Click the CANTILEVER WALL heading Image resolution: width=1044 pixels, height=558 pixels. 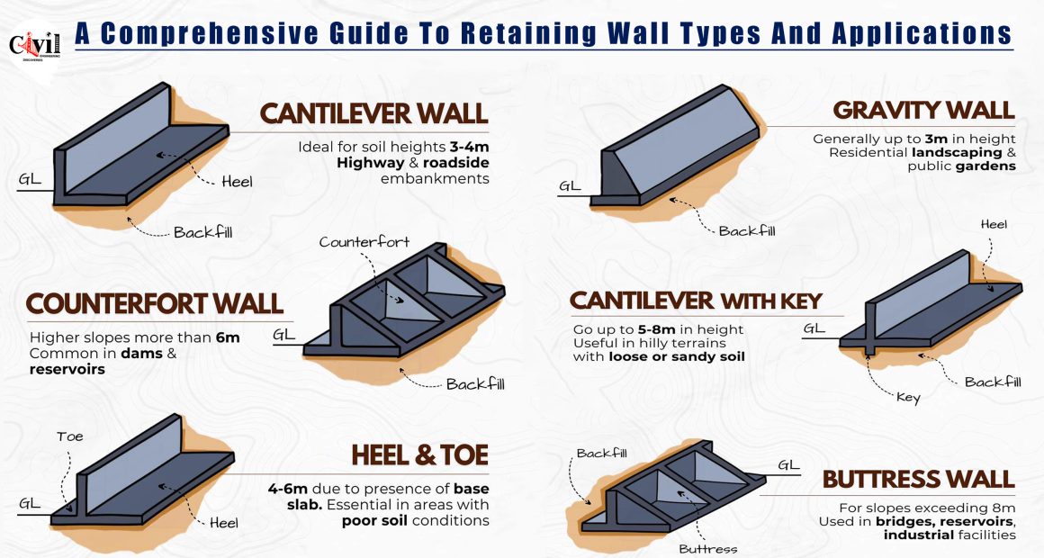pos(373,113)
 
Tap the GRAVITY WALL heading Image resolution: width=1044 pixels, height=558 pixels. pos(923,111)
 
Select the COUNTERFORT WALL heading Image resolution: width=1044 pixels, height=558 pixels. pos(155,303)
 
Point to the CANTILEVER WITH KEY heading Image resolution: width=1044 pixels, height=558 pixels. pos(696,301)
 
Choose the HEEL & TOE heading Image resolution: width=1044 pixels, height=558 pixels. pos(420,455)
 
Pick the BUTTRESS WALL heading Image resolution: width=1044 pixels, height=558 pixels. pos(918,480)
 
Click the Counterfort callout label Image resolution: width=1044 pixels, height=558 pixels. pos(364,242)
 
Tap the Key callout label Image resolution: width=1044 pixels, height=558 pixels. pos(908,398)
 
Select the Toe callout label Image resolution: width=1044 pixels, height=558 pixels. pos(70,436)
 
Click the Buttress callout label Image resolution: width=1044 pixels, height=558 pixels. pos(707,549)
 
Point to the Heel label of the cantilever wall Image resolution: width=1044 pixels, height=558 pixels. pos(237,182)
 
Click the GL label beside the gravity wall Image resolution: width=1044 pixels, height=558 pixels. pos(570,185)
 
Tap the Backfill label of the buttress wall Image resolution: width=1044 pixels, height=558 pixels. pos(602,454)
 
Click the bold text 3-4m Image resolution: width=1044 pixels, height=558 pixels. pos(469,148)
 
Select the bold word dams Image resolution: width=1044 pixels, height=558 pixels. pos(141,354)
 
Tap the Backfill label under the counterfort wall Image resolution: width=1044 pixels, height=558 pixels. pos(475,384)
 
